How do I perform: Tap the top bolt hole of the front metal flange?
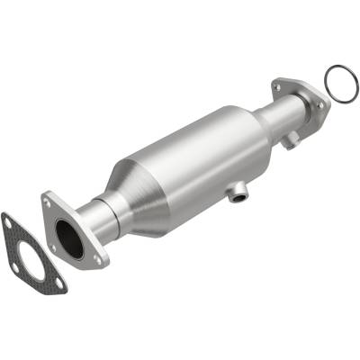tap(47, 204)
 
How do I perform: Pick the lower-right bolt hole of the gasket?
tap(56, 286)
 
